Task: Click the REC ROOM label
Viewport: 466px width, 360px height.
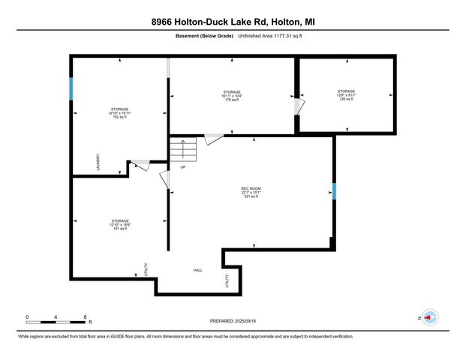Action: coord(250,193)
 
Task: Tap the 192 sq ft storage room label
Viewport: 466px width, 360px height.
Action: coord(120,113)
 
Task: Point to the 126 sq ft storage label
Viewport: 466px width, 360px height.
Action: coord(346,95)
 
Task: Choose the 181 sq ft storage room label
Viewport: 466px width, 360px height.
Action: coord(120,224)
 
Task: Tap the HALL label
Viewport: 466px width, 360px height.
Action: coord(198,270)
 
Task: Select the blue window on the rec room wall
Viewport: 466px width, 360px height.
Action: coord(334,192)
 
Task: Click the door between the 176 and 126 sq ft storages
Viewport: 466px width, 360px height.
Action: coord(298,108)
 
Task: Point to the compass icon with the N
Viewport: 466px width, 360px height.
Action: coord(430,317)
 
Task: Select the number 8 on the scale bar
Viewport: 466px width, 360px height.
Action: coord(86,316)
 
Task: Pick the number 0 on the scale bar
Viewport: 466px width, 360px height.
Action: coord(27,316)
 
